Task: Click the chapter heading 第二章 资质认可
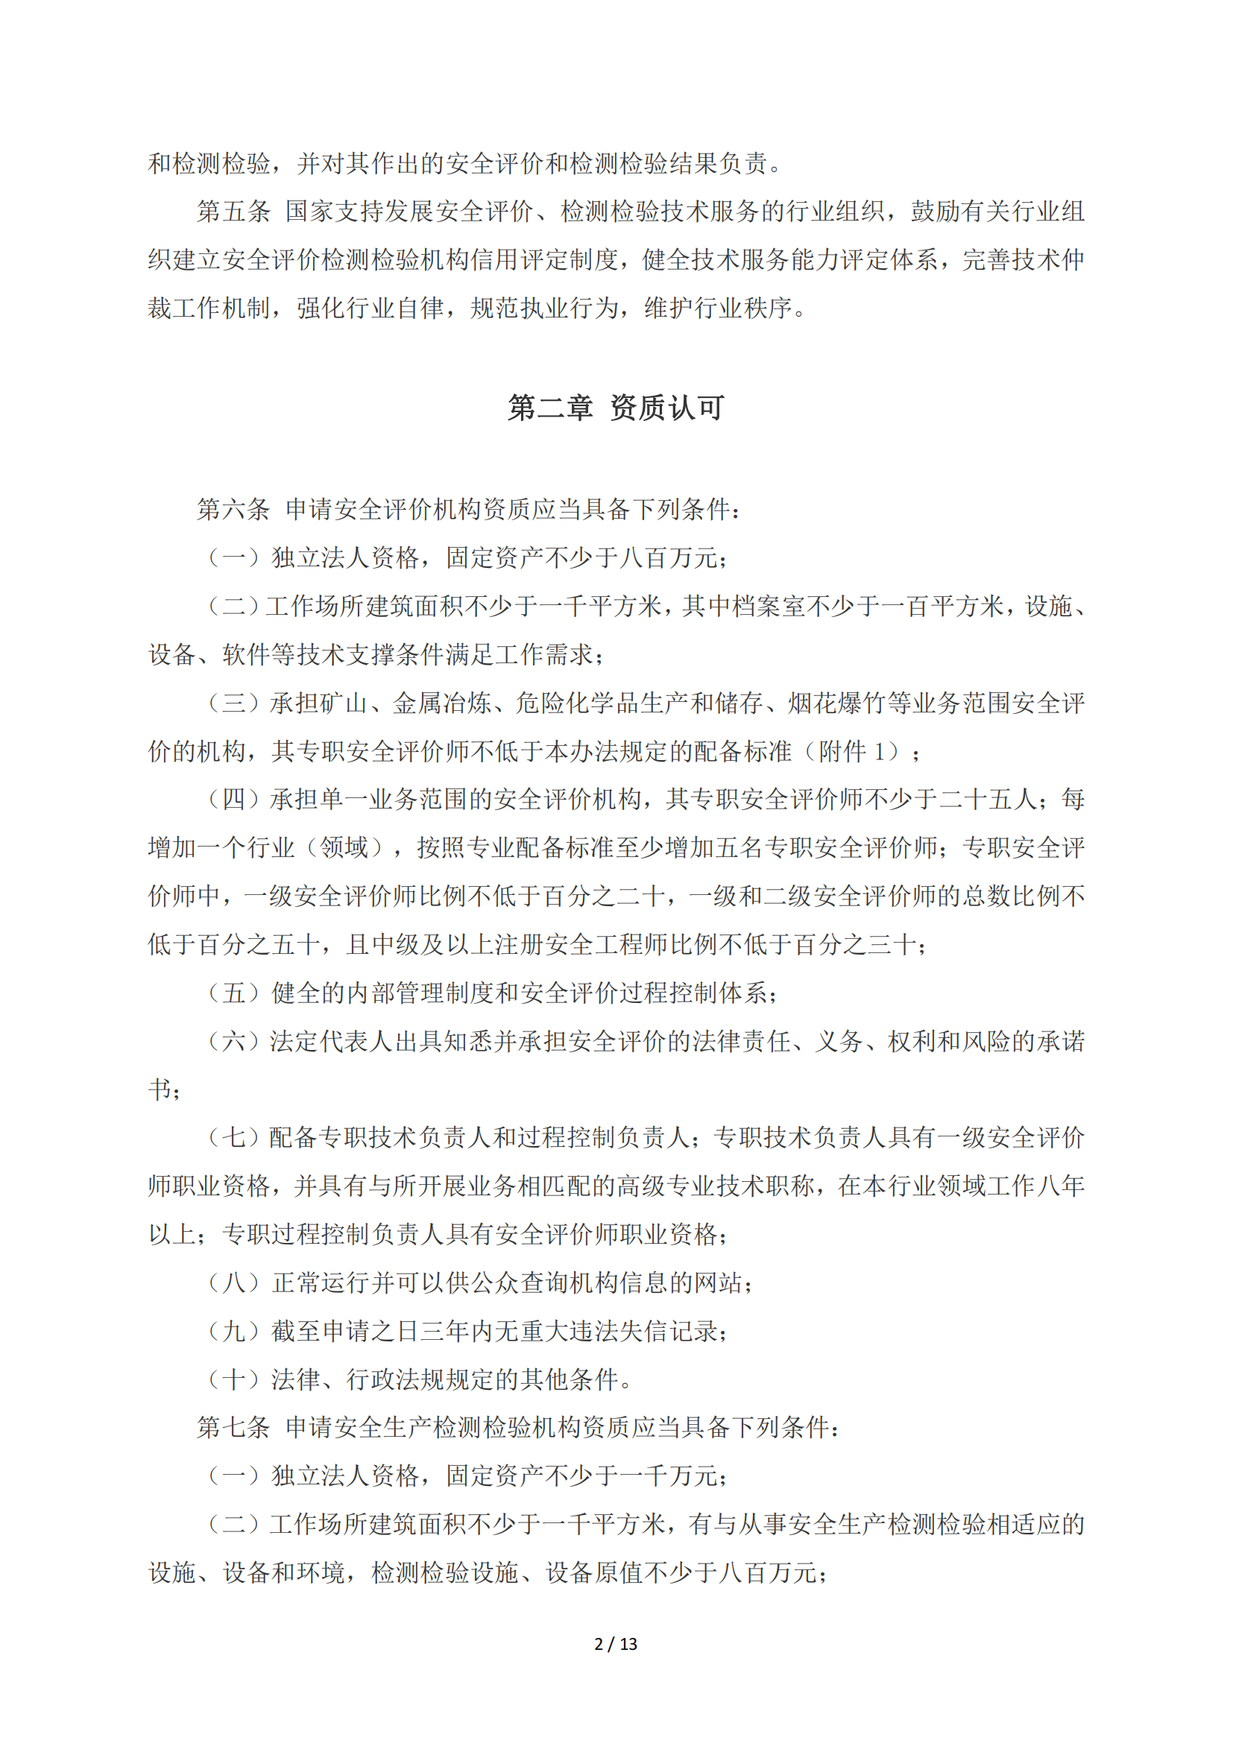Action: [x=616, y=408]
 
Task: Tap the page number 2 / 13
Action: [x=616, y=1644]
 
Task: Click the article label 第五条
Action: [x=233, y=211]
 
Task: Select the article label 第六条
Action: [x=233, y=509]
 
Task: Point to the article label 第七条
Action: [x=233, y=1427]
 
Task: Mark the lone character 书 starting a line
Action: [x=160, y=1089]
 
